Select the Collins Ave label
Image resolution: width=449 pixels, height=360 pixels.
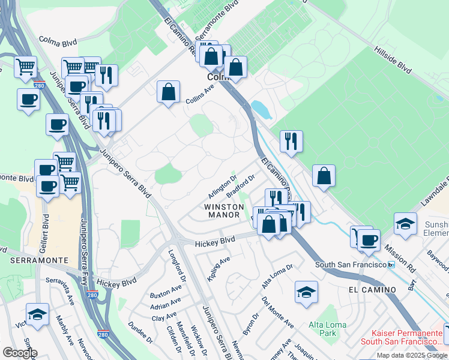tap(200, 94)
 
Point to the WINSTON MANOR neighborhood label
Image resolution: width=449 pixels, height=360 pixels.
tap(224, 211)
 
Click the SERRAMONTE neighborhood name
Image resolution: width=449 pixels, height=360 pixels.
tap(34, 260)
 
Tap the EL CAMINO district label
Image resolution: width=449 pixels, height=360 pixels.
tap(372, 290)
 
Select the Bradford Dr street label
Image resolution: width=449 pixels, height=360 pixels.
tap(241, 185)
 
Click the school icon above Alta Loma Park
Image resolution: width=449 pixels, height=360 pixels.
tap(306, 292)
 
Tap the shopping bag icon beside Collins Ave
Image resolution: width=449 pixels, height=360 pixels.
tap(169, 92)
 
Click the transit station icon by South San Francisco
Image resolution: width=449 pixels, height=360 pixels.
tap(391, 265)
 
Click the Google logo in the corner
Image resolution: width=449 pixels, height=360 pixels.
tap(19, 353)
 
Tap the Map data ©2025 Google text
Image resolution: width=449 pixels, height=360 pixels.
tap(411, 355)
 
